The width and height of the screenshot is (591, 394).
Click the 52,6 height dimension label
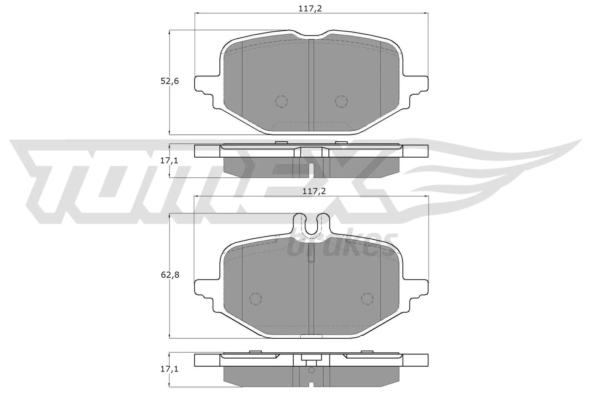point(170,81)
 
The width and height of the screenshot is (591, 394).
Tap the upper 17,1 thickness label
point(170,161)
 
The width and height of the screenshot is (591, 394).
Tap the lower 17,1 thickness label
point(170,369)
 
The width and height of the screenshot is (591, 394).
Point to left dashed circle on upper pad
point(281,101)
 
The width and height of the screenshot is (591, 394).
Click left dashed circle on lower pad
point(255,298)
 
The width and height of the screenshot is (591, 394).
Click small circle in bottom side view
point(311,370)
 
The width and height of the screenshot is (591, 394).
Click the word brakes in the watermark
point(342,246)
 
